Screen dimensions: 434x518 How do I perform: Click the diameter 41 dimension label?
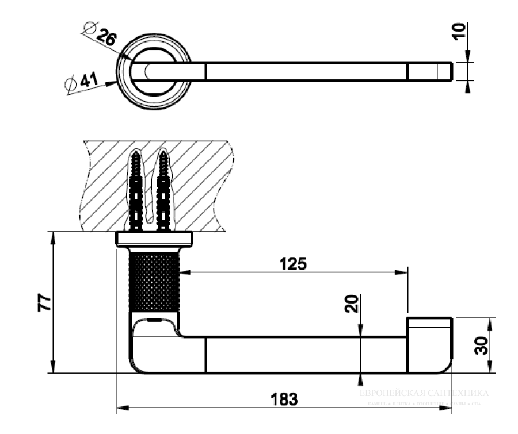tap(81, 82)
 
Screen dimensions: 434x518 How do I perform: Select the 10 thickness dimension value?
tap(459, 31)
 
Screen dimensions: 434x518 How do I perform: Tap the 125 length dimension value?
tap(293, 264)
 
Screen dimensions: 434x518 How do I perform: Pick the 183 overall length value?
tap(284, 398)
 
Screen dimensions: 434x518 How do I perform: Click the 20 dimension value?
tap(352, 303)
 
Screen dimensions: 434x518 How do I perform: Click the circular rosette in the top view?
tap(153, 71)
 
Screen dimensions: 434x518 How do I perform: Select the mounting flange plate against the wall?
tap(154, 239)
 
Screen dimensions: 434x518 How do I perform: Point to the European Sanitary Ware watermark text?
tap(424, 394)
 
